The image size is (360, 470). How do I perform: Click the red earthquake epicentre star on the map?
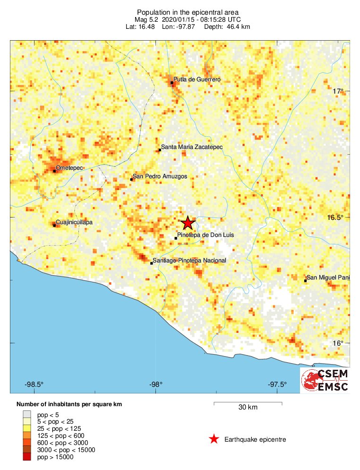click(x=188, y=223)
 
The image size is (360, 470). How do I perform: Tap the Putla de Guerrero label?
click(x=197, y=80)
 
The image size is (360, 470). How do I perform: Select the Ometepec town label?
click(x=69, y=168)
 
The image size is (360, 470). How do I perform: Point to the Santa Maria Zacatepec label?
click(x=192, y=148)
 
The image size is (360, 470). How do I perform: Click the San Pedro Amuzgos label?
click(x=160, y=176)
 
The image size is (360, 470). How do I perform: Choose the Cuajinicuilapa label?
click(x=74, y=222)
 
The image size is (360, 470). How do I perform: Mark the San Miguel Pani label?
click(x=328, y=278)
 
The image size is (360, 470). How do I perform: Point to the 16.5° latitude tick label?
click(x=335, y=217)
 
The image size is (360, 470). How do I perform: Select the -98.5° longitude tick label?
click(x=34, y=384)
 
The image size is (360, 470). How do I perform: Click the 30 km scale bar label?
click(x=248, y=407)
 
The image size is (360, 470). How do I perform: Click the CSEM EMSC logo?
click(x=325, y=380)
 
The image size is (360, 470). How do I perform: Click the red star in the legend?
click(x=214, y=439)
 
